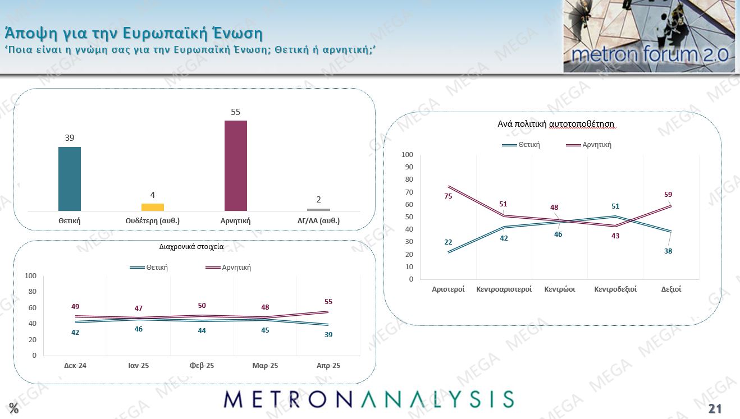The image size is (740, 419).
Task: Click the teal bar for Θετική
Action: [x=70, y=179]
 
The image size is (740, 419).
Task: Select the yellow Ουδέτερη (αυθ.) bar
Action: [x=152, y=207]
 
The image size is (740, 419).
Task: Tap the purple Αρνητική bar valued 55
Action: [x=235, y=165]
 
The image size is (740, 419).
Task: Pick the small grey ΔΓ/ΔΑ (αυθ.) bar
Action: [x=318, y=210]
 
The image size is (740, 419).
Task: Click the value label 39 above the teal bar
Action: [x=70, y=138]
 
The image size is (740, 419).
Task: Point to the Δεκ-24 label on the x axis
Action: [x=75, y=366]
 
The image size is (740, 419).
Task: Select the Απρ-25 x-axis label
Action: [x=328, y=366]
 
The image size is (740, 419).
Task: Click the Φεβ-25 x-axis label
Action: [x=202, y=366]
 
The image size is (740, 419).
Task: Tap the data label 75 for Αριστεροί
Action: [x=448, y=196]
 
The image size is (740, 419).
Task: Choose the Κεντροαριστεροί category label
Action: [x=504, y=289]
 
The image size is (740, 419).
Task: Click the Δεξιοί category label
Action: [x=671, y=289]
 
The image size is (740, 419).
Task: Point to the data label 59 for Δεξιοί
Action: [x=668, y=195]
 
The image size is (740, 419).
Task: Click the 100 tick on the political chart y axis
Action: [x=407, y=155]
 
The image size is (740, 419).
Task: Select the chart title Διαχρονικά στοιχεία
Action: [x=195, y=246]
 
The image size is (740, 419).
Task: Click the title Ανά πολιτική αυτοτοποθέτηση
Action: [x=556, y=124]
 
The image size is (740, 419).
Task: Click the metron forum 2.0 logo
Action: [x=649, y=37]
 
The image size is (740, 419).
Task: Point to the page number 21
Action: [x=715, y=408]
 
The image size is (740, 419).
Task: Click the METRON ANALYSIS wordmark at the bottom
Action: [x=368, y=399]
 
